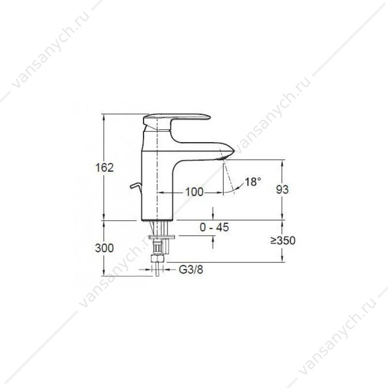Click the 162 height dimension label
click(x=105, y=168)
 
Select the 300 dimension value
click(x=104, y=248)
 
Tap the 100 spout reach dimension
click(x=194, y=192)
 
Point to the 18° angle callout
click(x=253, y=182)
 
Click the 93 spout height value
click(x=282, y=190)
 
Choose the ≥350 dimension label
click(x=283, y=240)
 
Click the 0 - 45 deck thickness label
click(x=214, y=227)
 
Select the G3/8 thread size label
click(x=191, y=270)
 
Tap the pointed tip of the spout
click(x=234, y=150)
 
